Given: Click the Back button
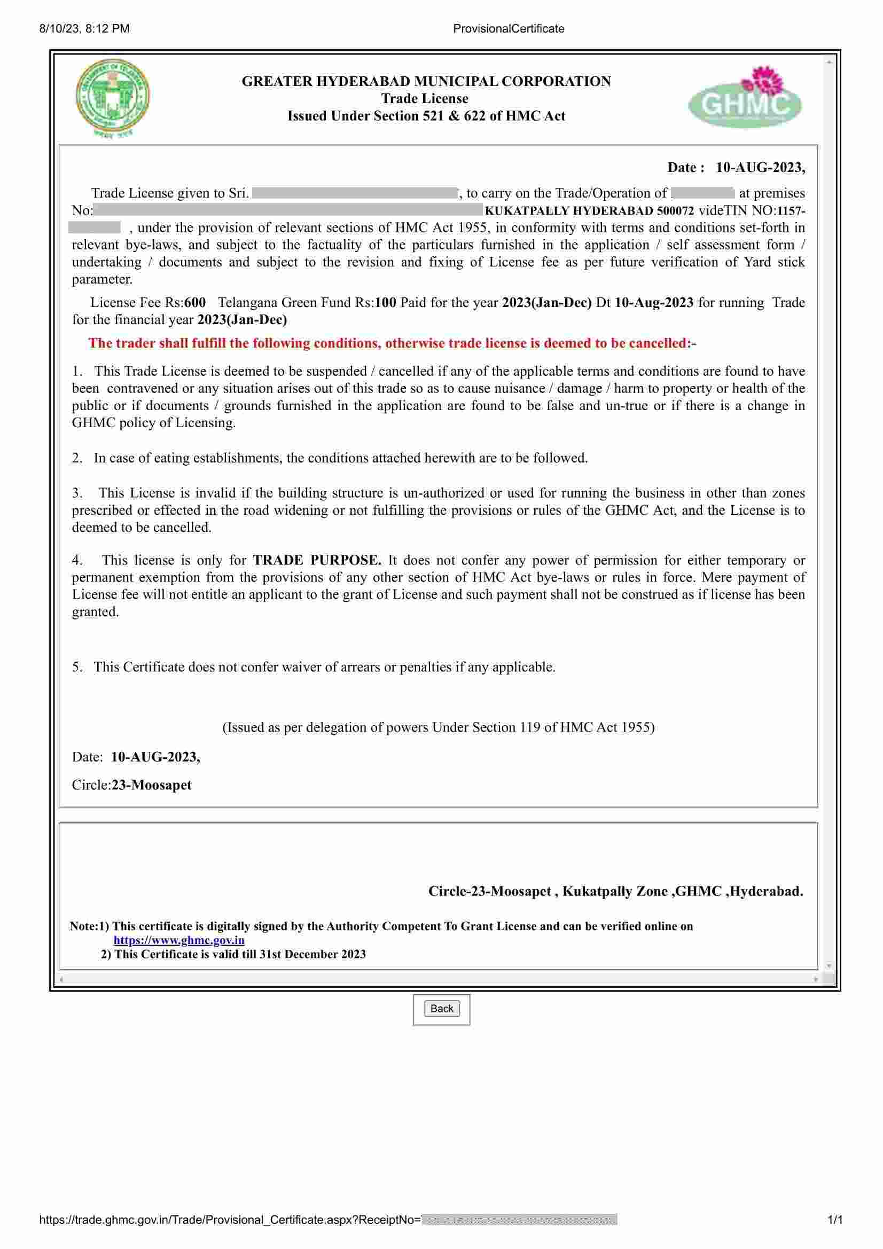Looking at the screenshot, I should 441,1009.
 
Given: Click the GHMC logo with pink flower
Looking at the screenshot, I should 744,98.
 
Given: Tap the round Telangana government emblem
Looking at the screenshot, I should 112,98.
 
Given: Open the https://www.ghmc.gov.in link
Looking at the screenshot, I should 178,940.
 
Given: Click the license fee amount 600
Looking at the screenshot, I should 195,302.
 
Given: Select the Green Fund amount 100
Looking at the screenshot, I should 385,302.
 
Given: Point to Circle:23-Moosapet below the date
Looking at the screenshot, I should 131,785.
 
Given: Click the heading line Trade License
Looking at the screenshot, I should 424,98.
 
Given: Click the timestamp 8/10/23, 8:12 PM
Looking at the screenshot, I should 84,29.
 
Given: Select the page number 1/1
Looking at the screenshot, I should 834,1220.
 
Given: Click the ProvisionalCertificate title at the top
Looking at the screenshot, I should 508,29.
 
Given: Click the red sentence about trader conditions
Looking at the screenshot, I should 392,343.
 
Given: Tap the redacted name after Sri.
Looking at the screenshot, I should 355,193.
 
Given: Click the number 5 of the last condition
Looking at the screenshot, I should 76,667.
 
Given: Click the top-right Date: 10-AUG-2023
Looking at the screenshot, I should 736,167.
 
